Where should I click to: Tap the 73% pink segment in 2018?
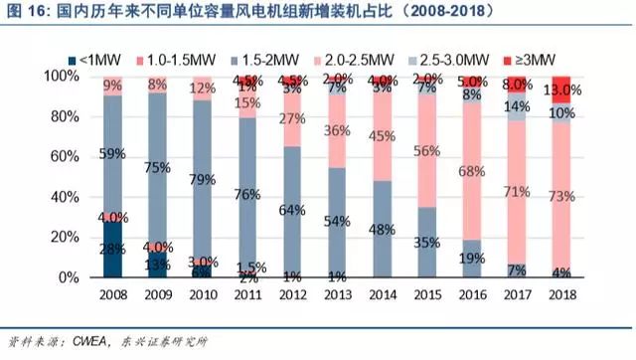click(561, 196)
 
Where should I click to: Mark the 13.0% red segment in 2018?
click(561, 90)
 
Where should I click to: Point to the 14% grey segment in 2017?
click(517, 107)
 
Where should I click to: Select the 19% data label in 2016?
click(473, 258)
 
